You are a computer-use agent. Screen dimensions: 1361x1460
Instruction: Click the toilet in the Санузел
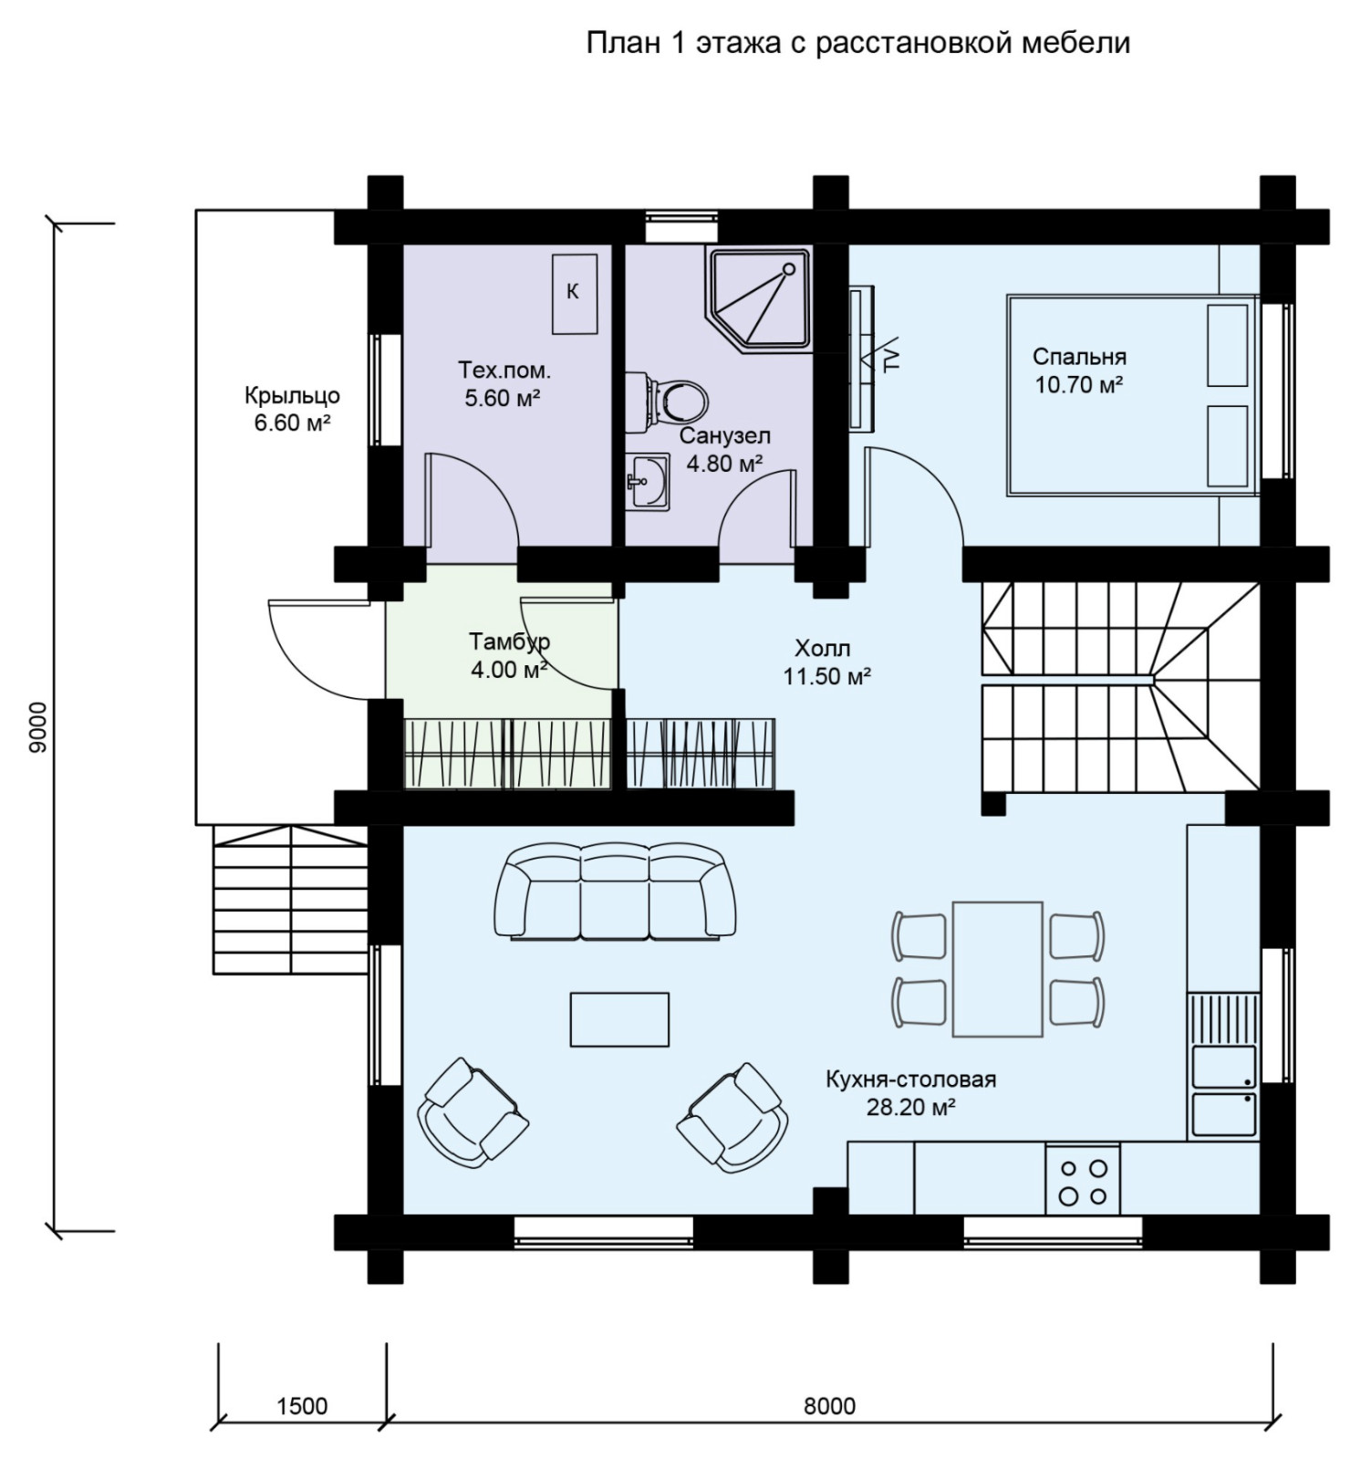tap(676, 398)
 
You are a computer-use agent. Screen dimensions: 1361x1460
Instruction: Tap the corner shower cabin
tap(758, 299)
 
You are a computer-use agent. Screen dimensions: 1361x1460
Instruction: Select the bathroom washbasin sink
tap(648, 480)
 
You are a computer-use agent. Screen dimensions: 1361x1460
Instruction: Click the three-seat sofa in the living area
tap(615, 892)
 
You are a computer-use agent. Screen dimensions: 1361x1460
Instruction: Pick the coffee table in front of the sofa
tap(619, 1019)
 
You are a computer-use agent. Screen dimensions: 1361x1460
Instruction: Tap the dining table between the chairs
tap(998, 969)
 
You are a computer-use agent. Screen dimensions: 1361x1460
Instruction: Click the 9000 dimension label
tap(37, 728)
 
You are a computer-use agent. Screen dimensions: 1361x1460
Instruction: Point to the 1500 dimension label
tap(302, 1405)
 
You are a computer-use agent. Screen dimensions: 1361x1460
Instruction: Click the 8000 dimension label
tap(829, 1405)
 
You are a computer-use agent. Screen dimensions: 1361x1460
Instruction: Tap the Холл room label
tap(822, 649)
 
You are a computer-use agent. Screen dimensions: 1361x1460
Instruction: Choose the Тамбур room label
tap(509, 641)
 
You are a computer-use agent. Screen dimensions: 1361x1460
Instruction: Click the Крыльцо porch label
tap(292, 396)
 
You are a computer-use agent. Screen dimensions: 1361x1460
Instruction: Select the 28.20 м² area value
tap(910, 1108)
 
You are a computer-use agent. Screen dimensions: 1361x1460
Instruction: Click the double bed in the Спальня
tap(1132, 395)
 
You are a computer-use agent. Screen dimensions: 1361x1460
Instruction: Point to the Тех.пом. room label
tap(504, 370)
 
